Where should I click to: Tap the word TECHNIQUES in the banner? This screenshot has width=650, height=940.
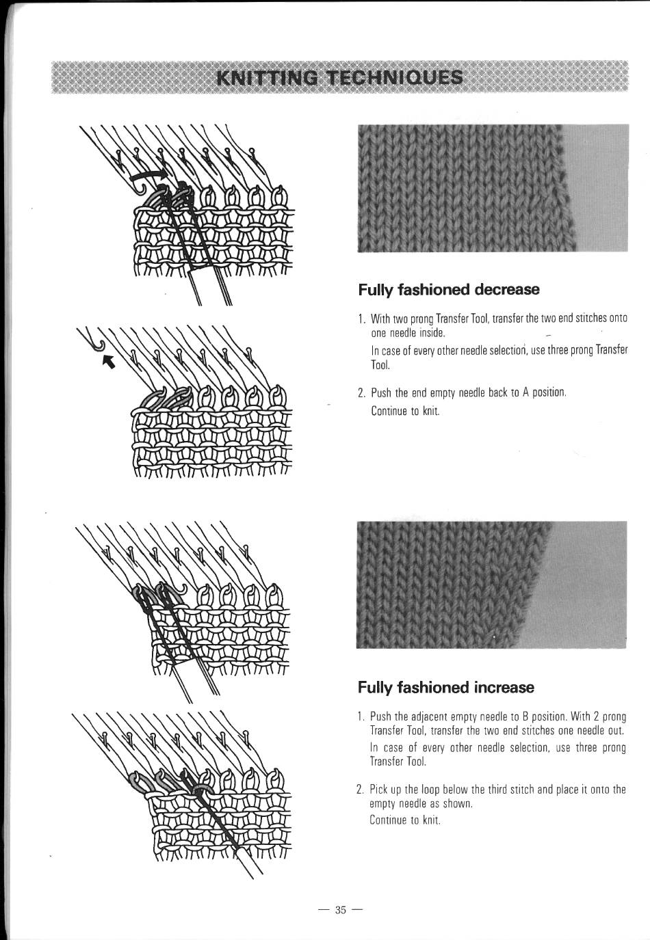click(x=395, y=78)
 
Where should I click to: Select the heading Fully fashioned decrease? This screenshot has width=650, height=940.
click(x=448, y=290)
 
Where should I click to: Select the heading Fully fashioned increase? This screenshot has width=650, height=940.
click(x=446, y=687)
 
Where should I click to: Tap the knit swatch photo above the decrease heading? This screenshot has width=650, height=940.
click(x=493, y=188)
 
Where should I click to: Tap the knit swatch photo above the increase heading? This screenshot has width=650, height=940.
click(x=491, y=585)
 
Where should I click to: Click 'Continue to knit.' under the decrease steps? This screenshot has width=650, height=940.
click(x=405, y=411)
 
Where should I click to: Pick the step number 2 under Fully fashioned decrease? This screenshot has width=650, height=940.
click(x=361, y=393)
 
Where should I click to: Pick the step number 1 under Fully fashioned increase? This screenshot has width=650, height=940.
click(x=361, y=716)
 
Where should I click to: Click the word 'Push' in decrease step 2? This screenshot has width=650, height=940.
click(x=381, y=393)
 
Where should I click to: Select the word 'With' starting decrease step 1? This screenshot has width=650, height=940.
click(x=380, y=318)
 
